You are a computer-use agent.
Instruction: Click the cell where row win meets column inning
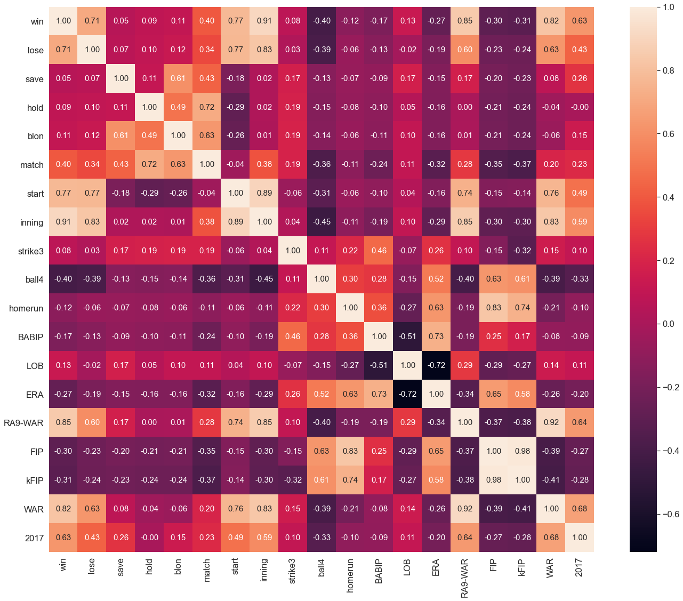coord(264,21)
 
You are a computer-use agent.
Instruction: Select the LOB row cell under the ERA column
coord(436,365)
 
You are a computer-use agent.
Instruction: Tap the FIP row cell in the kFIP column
coord(523,451)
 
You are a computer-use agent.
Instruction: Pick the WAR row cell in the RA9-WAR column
coord(465,509)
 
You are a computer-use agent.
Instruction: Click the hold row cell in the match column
coord(207,107)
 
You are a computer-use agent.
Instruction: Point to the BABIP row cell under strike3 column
coord(293,336)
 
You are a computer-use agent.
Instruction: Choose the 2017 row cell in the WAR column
coord(551,538)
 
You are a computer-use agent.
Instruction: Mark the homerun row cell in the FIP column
coord(494,308)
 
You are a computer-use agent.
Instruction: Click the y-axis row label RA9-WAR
coord(23,423)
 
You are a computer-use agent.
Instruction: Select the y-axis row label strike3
coord(31,251)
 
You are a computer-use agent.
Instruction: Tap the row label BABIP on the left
coord(31,337)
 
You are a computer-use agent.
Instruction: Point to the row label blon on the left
coord(36,136)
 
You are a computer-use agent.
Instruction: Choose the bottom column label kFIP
coord(522,568)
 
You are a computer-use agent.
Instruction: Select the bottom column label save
coord(121,568)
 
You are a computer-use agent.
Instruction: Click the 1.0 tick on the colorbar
coord(669,7)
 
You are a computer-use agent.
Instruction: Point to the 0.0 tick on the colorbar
coord(669,324)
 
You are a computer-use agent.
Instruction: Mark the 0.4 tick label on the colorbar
coord(669,198)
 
